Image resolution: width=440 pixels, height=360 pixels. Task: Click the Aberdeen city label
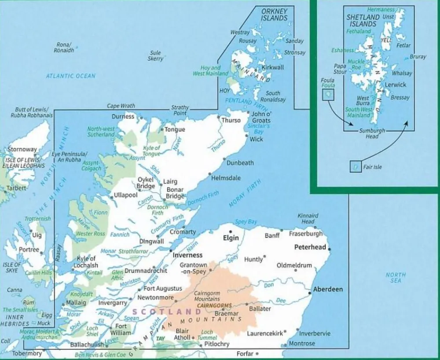tap(327, 290)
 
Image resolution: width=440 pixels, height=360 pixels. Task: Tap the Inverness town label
tap(187, 255)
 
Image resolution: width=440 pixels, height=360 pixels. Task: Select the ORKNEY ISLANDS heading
tap(274, 15)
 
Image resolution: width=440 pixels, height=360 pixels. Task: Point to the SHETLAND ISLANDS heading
tap(362, 21)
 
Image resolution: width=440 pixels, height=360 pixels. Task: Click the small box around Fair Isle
tap(355, 167)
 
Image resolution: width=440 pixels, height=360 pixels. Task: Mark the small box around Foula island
tap(328, 94)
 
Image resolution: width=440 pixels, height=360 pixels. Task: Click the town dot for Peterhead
tap(330, 250)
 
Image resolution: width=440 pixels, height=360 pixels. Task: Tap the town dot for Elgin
tap(230, 231)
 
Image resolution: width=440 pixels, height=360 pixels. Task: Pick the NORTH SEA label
tap(396, 278)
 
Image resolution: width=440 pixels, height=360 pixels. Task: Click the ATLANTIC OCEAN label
tap(71, 76)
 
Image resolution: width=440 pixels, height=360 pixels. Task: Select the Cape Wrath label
tap(121, 106)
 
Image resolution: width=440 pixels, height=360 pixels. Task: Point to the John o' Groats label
tap(260, 117)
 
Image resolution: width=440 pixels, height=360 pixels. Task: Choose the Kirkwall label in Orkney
tap(273, 67)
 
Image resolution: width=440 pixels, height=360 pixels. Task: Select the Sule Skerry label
tap(155, 55)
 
